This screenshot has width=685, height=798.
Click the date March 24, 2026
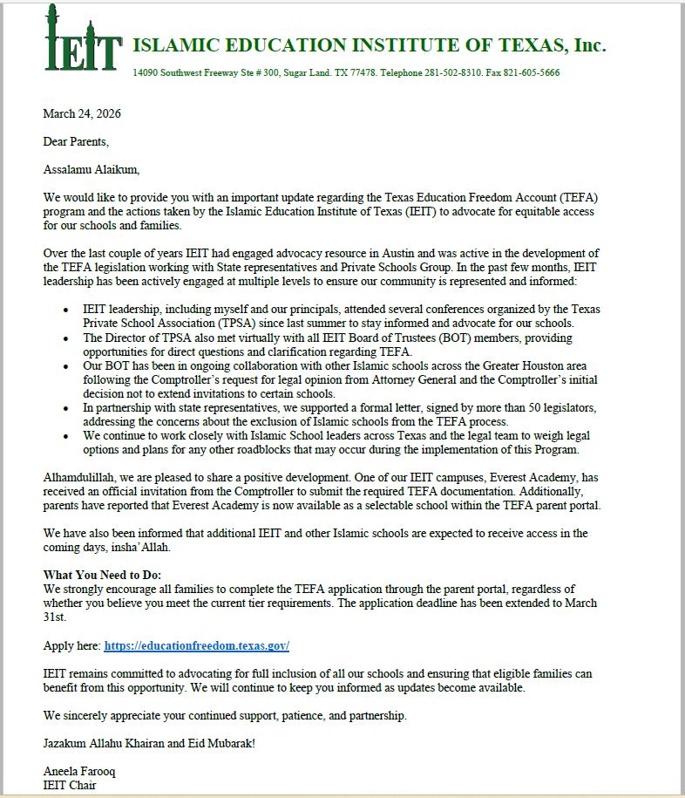pos(82,113)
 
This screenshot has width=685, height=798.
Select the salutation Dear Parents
pos(77,141)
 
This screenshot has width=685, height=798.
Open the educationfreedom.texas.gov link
pos(196,646)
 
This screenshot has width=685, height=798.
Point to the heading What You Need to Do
pos(108,575)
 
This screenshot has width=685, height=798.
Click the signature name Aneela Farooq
pos(78,772)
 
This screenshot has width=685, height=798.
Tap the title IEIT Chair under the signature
pos(69,786)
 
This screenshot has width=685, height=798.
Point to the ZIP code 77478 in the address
pos(360,72)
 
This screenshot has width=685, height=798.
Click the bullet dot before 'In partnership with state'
pos(67,407)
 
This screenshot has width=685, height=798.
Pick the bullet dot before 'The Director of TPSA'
pos(67,338)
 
